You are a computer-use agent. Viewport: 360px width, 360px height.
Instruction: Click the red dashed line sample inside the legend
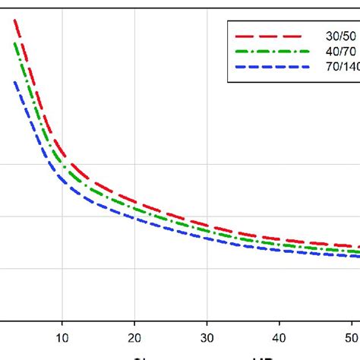274,35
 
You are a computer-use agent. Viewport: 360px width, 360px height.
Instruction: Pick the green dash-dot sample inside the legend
274,52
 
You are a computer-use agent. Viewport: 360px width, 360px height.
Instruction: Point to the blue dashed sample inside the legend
274,68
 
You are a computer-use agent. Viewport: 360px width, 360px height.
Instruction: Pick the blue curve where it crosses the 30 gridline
207,238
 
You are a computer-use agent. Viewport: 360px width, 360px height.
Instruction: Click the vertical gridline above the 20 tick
134,114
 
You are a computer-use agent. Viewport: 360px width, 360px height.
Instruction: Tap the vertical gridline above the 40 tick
279,152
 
